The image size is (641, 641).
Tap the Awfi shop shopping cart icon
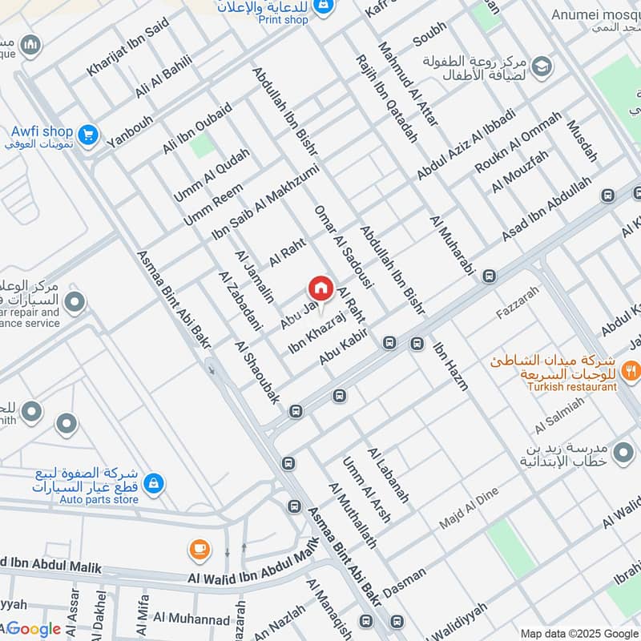point(89,136)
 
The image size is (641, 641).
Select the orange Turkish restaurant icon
point(632,369)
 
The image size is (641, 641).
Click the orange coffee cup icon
point(199,550)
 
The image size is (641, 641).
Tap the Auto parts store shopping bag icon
point(155,483)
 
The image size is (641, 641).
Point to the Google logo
point(34,629)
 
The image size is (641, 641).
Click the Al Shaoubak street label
point(256,373)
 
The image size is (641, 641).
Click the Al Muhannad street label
point(191,618)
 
